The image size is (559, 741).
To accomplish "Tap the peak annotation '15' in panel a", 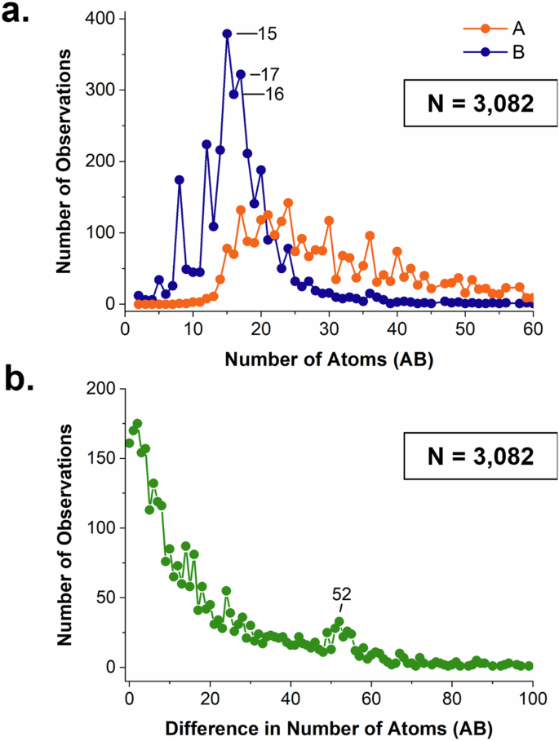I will pos(265,34).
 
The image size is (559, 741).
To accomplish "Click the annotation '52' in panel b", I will pos(341,595).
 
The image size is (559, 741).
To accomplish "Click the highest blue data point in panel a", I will pos(227,34).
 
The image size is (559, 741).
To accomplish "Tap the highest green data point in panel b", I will pos(137,424).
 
